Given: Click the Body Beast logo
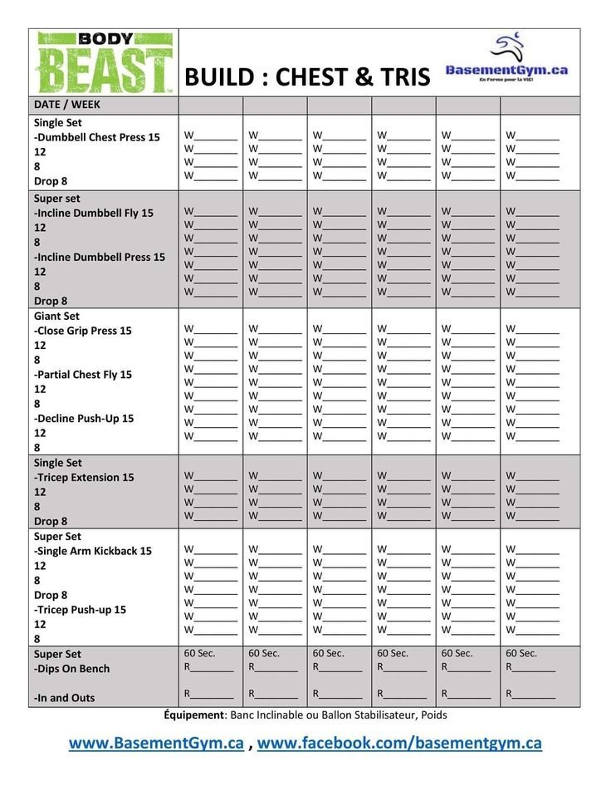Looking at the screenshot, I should [104, 62].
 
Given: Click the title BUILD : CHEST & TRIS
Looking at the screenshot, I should [307, 77].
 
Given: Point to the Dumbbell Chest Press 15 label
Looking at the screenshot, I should [97, 137].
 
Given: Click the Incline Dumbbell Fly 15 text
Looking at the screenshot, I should [94, 213].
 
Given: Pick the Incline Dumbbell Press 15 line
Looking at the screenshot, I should [100, 257].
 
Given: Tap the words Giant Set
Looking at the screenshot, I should [56, 316].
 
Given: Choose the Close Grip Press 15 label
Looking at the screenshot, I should [83, 331].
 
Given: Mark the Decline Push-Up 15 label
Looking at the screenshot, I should [84, 419].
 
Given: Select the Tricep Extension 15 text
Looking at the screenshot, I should [84, 478].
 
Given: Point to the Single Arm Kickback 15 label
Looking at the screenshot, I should [93, 551].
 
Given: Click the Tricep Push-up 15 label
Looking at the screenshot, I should [81, 610].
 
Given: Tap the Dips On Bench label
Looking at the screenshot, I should [72, 669].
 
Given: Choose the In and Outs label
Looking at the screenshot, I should [65, 698].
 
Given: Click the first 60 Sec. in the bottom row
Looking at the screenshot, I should [199, 654].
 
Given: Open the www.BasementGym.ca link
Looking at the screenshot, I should [156, 743].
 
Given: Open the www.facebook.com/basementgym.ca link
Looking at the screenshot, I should [399, 743].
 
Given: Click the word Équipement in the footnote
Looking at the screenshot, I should [195, 715].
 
